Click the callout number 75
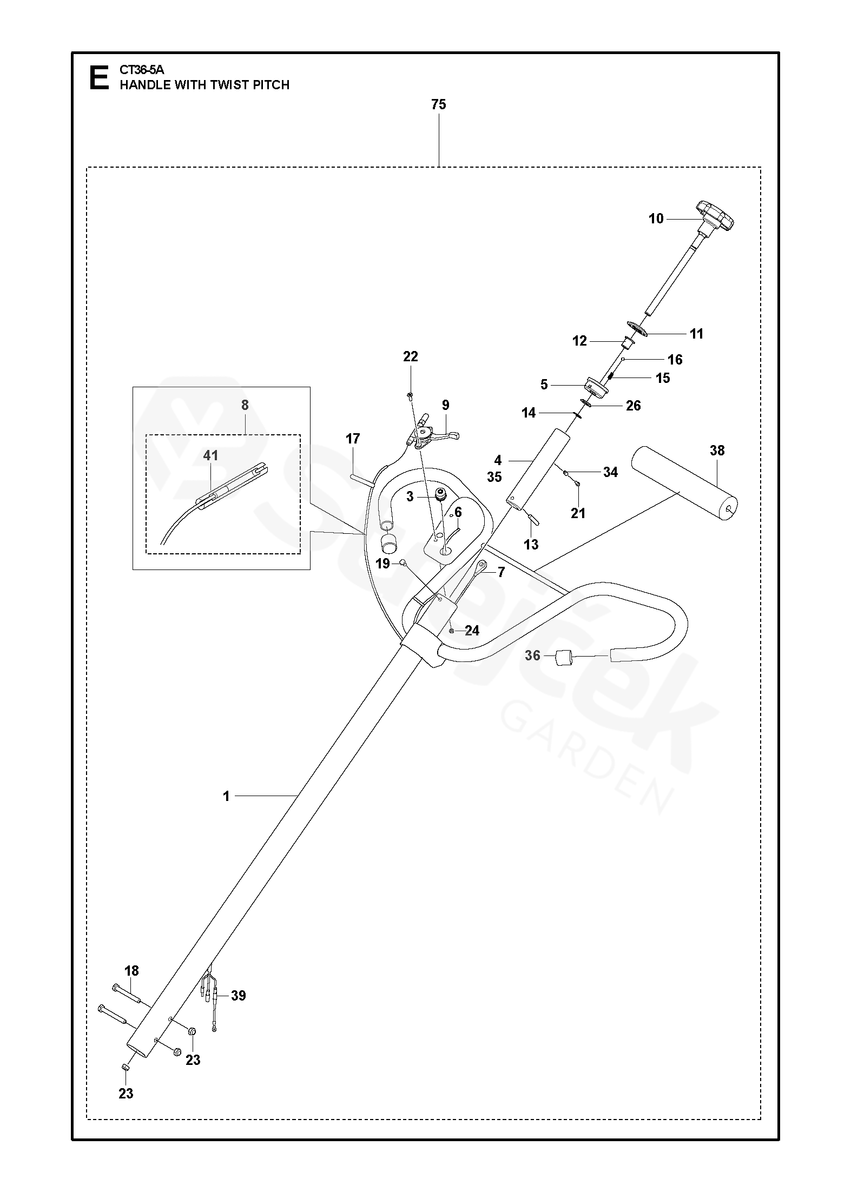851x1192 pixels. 438,104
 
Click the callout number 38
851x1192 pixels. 717,451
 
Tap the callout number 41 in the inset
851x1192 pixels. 210,455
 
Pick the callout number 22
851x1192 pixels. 411,356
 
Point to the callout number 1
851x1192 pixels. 226,796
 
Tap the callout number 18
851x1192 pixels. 131,971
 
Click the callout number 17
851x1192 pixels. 353,439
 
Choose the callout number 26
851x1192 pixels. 633,406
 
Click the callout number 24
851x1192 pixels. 472,631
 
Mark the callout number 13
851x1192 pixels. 531,545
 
